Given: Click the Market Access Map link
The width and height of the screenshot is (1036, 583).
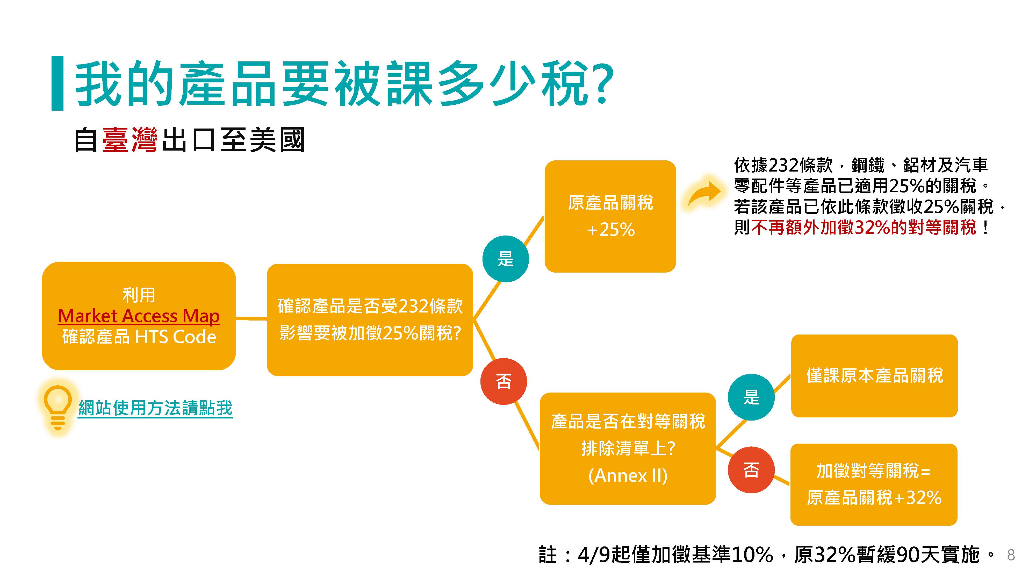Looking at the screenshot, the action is coord(139,316).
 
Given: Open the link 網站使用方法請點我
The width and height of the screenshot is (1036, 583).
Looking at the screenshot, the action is coord(155,408).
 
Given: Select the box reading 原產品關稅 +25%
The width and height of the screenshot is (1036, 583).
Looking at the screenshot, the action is coord(610,216).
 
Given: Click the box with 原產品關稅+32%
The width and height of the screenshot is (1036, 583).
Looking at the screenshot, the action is coord(874,485).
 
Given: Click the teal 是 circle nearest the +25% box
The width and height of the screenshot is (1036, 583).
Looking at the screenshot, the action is coord(506,259).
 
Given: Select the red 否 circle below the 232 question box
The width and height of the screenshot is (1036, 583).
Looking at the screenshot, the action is coord(503,381).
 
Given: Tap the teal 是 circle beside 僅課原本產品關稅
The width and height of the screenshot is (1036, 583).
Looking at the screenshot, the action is coord(751,397).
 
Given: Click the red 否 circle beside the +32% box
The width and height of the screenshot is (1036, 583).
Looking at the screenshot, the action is coord(751,470).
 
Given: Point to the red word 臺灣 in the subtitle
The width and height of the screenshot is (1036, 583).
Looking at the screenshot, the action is coord(129,140).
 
